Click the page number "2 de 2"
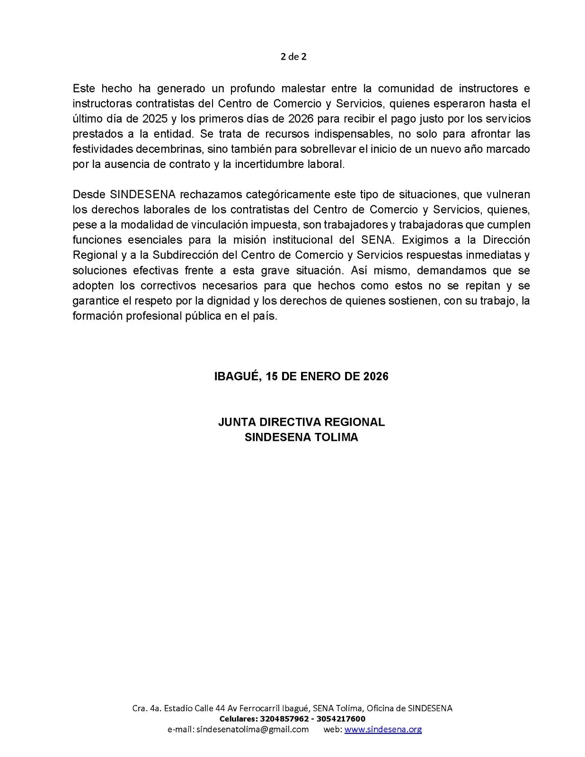[293, 57]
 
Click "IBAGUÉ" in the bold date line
[237, 376]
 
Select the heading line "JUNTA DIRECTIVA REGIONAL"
[301, 422]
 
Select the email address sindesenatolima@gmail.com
[252, 729]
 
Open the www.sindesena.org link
[383, 729]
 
